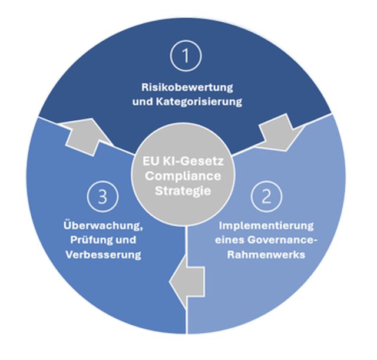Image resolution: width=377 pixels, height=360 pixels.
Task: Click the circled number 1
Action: [187, 57]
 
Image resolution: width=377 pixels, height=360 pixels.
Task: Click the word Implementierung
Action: [266, 225]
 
